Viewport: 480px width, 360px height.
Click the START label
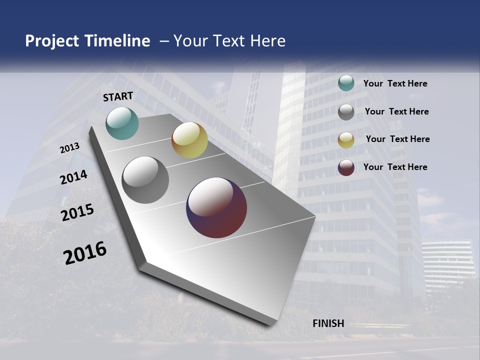tap(118, 96)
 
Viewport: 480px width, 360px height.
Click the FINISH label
tap(328, 323)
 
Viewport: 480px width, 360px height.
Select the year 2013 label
tap(70, 148)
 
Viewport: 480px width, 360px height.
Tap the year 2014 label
tap(74, 177)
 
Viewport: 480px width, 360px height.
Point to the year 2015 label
tap(77, 213)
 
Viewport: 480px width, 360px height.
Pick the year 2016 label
tap(85, 253)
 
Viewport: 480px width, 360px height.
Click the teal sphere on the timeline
tap(122, 123)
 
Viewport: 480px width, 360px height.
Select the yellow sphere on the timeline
tap(189, 140)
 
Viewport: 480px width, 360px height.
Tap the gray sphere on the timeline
tap(145, 180)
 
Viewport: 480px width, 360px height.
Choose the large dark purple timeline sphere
tap(216, 207)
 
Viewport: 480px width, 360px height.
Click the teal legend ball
tap(346, 83)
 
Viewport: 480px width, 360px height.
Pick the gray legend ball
tap(346, 112)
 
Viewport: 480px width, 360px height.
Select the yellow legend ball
tap(346, 139)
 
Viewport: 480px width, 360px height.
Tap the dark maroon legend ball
tap(346, 167)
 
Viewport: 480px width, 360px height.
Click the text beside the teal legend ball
tap(395, 83)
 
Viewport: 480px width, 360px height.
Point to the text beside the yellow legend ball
tap(397, 139)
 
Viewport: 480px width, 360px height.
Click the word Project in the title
tap(52, 41)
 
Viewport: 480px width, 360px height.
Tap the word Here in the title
tap(267, 41)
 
